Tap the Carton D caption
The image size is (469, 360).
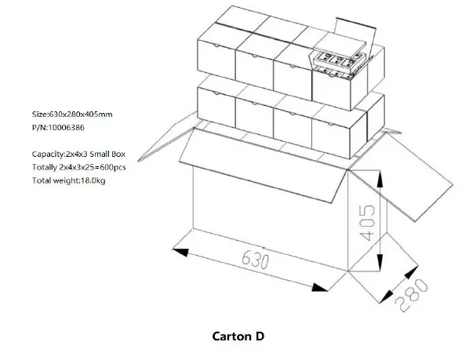(x=238, y=336)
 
